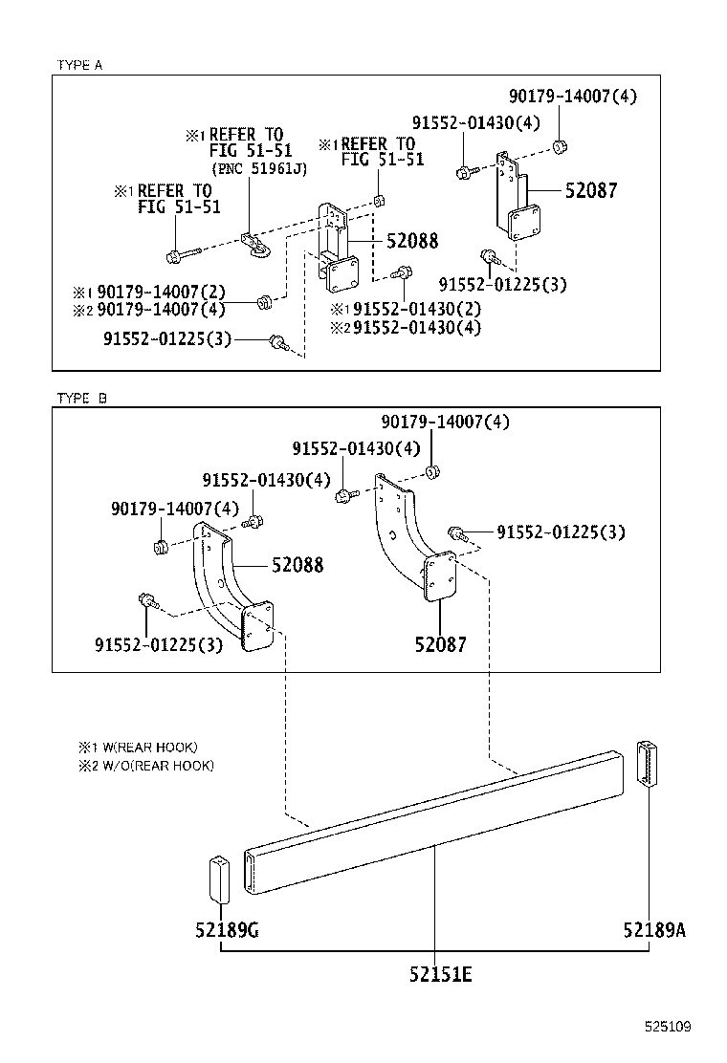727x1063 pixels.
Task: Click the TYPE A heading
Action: pyautogui.click(x=79, y=65)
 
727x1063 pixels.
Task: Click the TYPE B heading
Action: pyautogui.click(x=81, y=398)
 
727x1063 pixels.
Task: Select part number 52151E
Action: pyautogui.click(x=440, y=974)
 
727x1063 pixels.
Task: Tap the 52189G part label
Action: pyautogui.click(x=227, y=929)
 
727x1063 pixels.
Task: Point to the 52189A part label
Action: pyautogui.click(x=654, y=929)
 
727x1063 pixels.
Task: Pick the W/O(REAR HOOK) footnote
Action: pyautogui.click(x=153, y=766)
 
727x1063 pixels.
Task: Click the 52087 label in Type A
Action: pyautogui.click(x=590, y=190)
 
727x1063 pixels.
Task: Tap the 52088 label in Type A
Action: pyautogui.click(x=412, y=241)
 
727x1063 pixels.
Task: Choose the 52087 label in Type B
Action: pyautogui.click(x=440, y=644)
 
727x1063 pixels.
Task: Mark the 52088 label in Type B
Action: pyautogui.click(x=297, y=565)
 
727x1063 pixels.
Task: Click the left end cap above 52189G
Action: pyautogui.click(x=219, y=878)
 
